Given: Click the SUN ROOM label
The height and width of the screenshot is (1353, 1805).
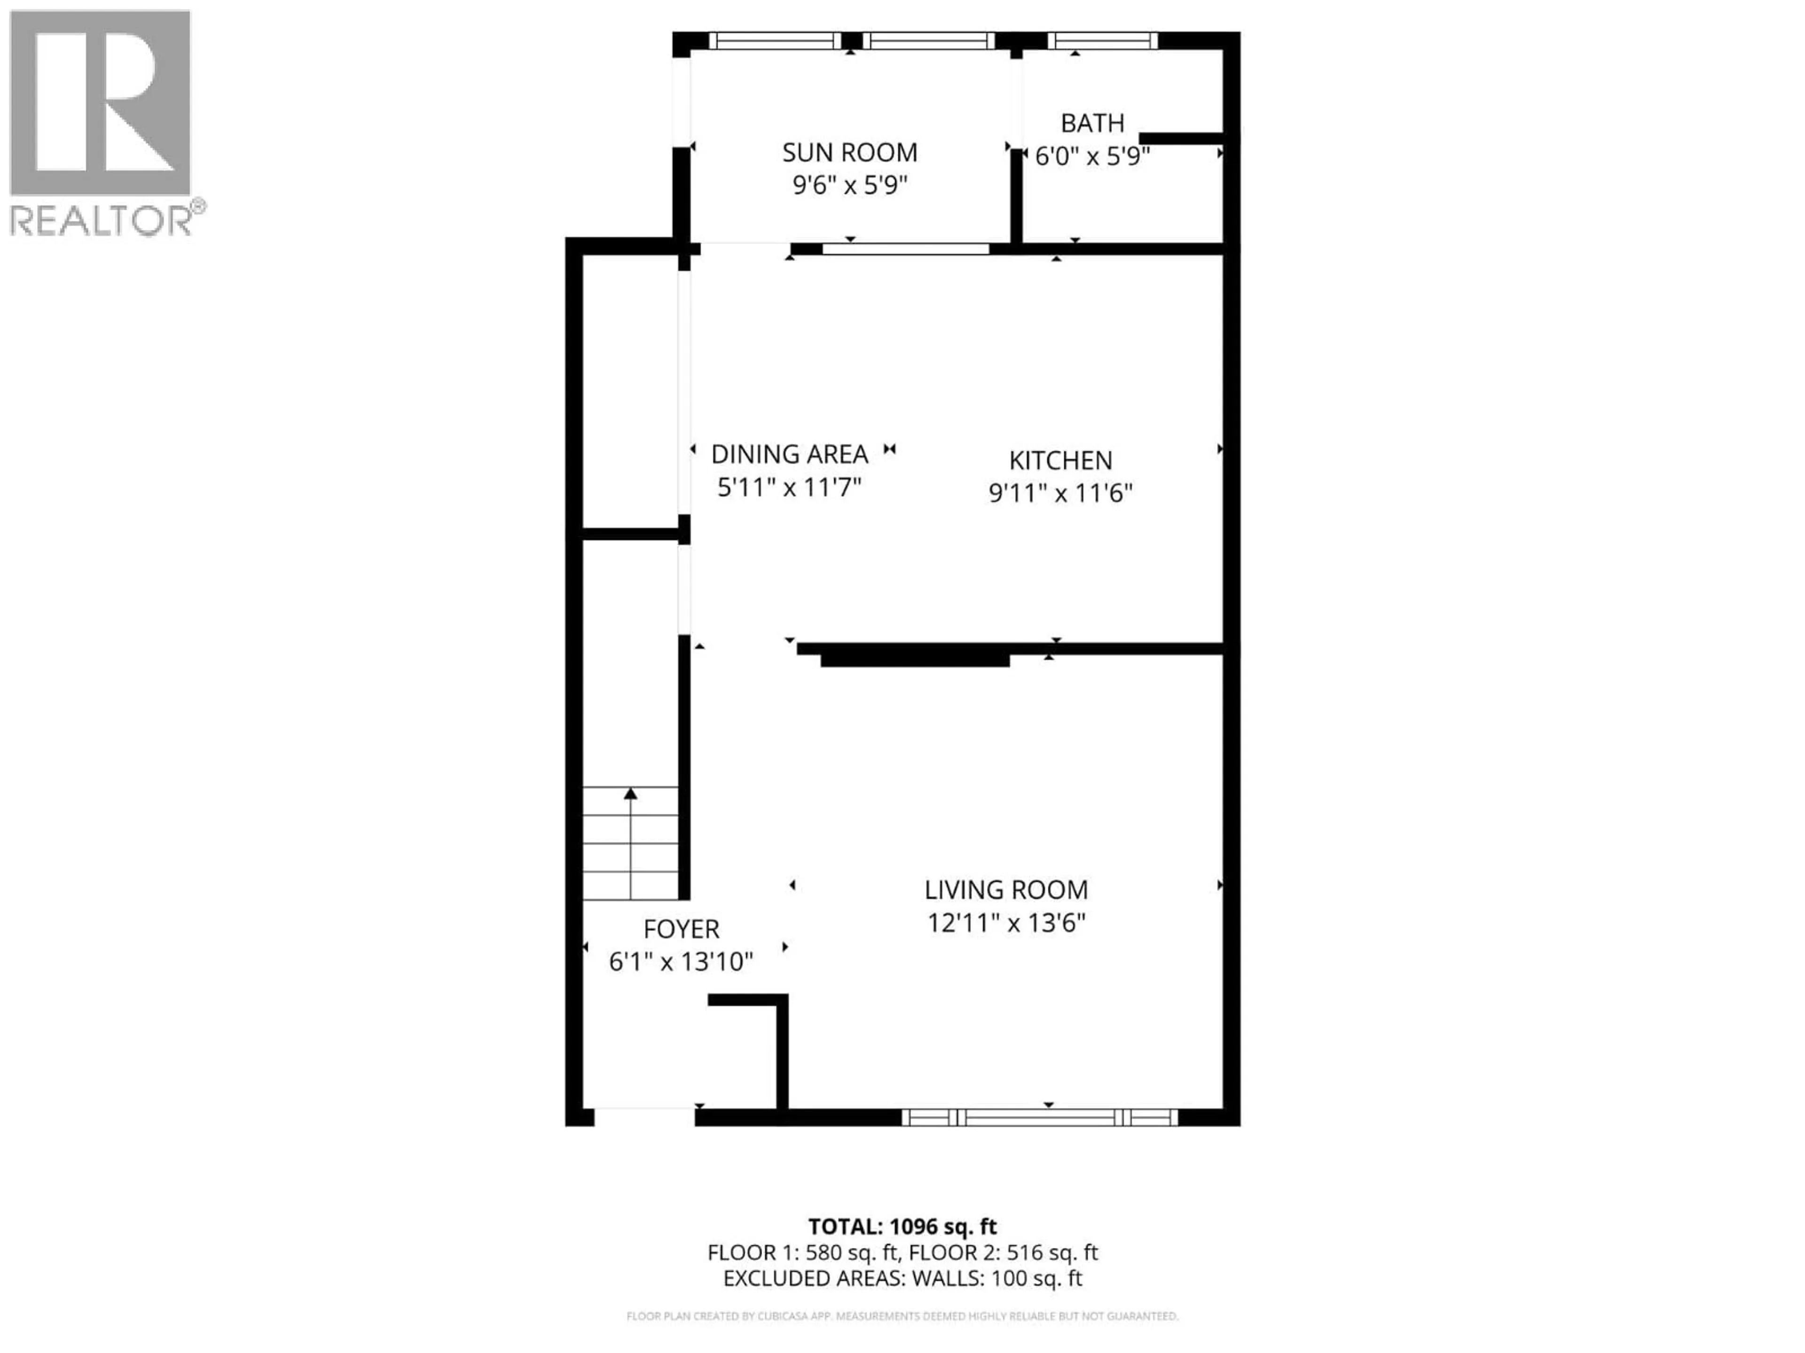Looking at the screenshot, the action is pyautogui.click(x=849, y=153).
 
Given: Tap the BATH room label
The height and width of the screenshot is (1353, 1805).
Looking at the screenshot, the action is pyautogui.click(x=1092, y=123).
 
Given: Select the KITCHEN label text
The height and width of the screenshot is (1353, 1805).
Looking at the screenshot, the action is pyautogui.click(x=1060, y=461).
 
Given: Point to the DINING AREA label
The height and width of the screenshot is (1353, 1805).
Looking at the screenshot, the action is pyautogui.click(x=789, y=454).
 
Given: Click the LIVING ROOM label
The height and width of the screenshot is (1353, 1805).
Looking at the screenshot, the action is pyautogui.click(x=1006, y=890).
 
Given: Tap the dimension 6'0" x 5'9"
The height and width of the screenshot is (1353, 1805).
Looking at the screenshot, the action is pyautogui.click(x=1092, y=156).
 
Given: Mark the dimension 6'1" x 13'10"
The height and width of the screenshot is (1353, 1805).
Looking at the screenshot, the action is pyautogui.click(x=681, y=962).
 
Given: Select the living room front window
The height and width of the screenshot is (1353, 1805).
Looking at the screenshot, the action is pyautogui.click(x=1040, y=1117).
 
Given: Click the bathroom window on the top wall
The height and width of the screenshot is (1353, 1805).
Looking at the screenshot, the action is pyautogui.click(x=1102, y=41).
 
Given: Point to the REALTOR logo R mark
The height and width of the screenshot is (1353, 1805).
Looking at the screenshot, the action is pyautogui.click(x=100, y=103).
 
